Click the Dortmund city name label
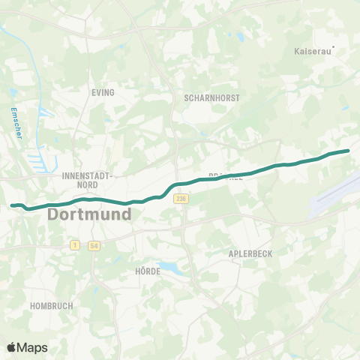click(x=89, y=214)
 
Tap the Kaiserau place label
click(x=310, y=53)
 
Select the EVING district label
click(x=103, y=92)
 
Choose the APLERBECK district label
click(x=250, y=254)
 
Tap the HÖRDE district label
click(x=148, y=271)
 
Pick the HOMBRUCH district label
click(x=49, y=306)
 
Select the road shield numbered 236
click(x=180, y=198)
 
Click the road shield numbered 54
click(x=94, y=245)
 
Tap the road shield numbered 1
click(x=75, y=245)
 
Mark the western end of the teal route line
click(x=12, y=205)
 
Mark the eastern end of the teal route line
click(x=348, y=151)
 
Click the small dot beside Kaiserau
click(x=334, y=50)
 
